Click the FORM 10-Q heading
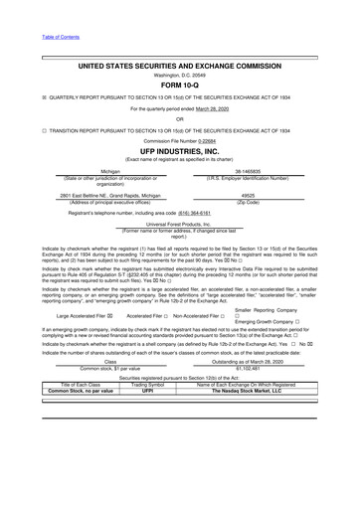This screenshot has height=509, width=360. [180, 57]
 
